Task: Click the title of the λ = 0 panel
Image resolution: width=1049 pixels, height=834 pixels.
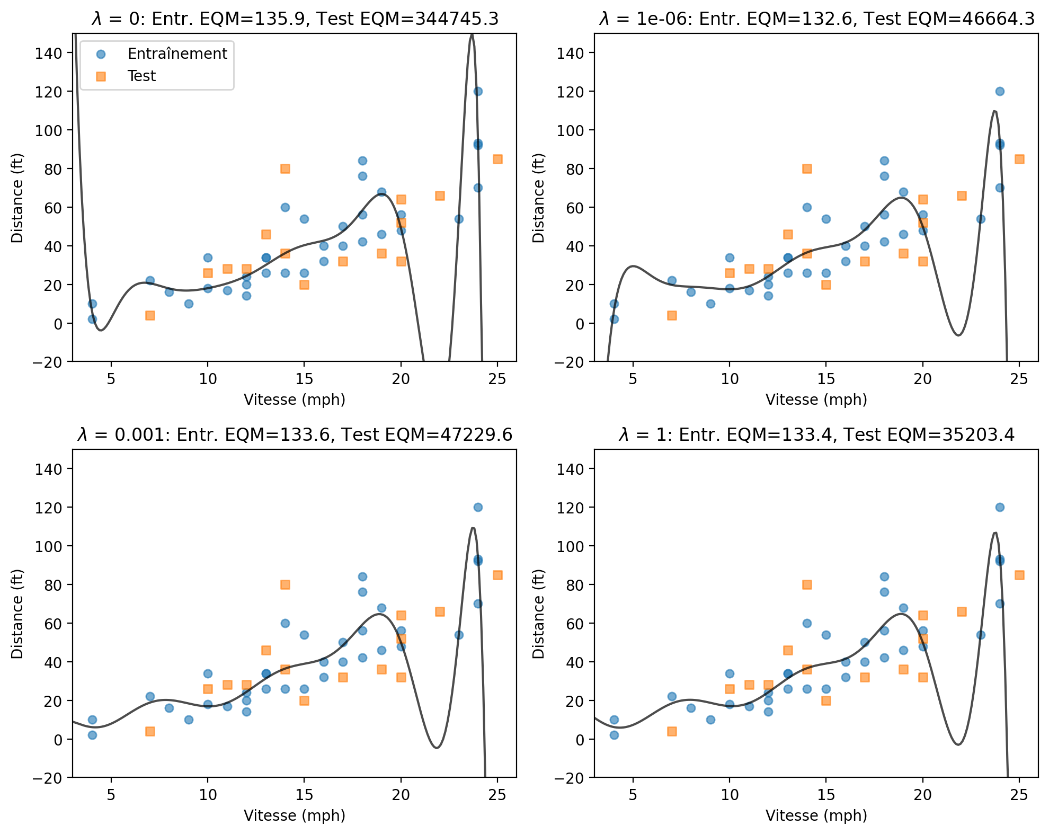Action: (295, 19)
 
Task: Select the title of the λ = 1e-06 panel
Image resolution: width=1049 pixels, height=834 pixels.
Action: (816, 19)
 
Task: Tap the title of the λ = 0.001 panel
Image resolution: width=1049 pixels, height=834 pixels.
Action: (295, 435)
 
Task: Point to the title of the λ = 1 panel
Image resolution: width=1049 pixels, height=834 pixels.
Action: (816, 435)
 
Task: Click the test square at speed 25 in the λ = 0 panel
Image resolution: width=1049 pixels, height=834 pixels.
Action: (497, 159)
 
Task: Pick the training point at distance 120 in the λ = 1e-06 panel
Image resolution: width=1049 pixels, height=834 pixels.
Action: (1000, 91)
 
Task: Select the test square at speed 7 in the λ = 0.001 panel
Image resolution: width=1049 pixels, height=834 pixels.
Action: (150, 731)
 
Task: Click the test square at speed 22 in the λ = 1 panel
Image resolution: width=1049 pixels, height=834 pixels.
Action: (962, 611)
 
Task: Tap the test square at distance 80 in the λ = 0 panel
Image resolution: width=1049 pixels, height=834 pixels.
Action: (285, 168)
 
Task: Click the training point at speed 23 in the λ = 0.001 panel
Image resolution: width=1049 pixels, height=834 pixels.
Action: (459, 635)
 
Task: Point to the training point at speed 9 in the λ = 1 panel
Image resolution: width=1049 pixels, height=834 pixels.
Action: (710, 720)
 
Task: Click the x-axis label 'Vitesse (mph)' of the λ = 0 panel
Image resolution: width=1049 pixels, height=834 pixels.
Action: (295, 400)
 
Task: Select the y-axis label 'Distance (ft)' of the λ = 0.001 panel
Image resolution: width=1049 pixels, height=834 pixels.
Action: (17, 614)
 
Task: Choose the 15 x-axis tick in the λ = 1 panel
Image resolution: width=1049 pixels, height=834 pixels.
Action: (826, 795)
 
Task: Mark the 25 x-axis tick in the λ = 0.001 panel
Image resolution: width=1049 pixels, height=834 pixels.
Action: (497, 795)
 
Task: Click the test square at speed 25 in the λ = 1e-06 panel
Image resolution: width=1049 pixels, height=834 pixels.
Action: (1019, 159)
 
